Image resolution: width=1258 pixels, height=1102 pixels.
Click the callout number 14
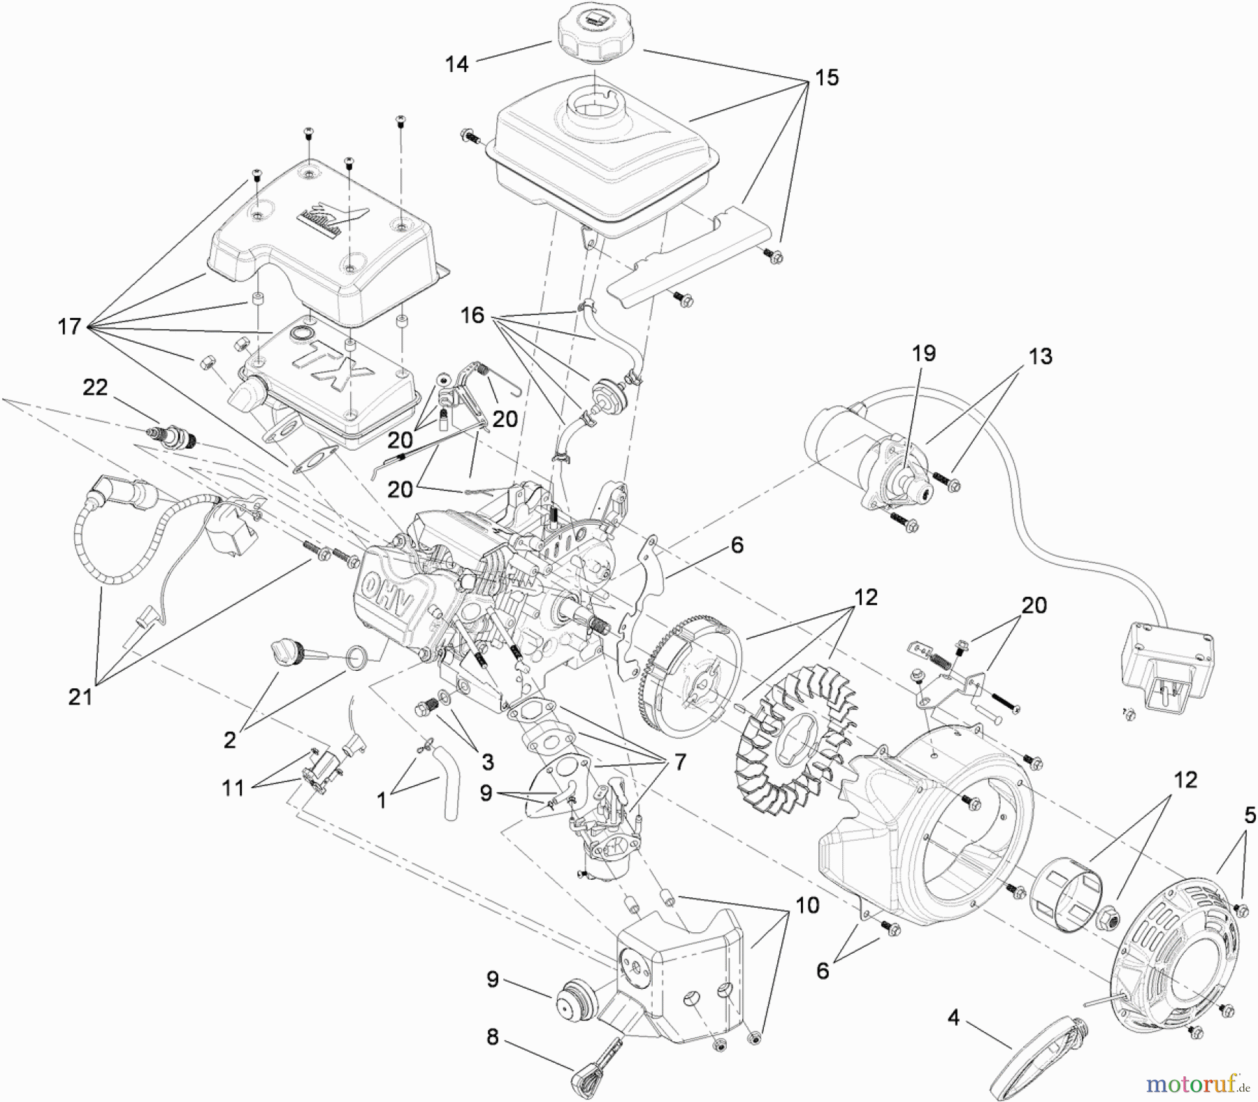pos(456,64)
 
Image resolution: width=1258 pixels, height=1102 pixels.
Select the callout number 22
pos(95,387)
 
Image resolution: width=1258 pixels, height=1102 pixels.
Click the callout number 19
pos(924,353)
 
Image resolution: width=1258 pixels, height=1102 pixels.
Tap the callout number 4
pos(954,1017)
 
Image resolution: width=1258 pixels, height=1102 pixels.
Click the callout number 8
pos(493,1037)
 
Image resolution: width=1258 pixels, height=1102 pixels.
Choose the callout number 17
pos(69,326)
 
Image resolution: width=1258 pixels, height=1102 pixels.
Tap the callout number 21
pos(80,696)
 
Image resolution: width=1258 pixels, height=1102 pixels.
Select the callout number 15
pos(826,78)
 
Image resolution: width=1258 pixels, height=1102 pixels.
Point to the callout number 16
pos(472,315)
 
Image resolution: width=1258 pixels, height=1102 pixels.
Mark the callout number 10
pos(807,906)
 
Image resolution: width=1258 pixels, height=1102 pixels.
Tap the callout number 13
pos(1040,356)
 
